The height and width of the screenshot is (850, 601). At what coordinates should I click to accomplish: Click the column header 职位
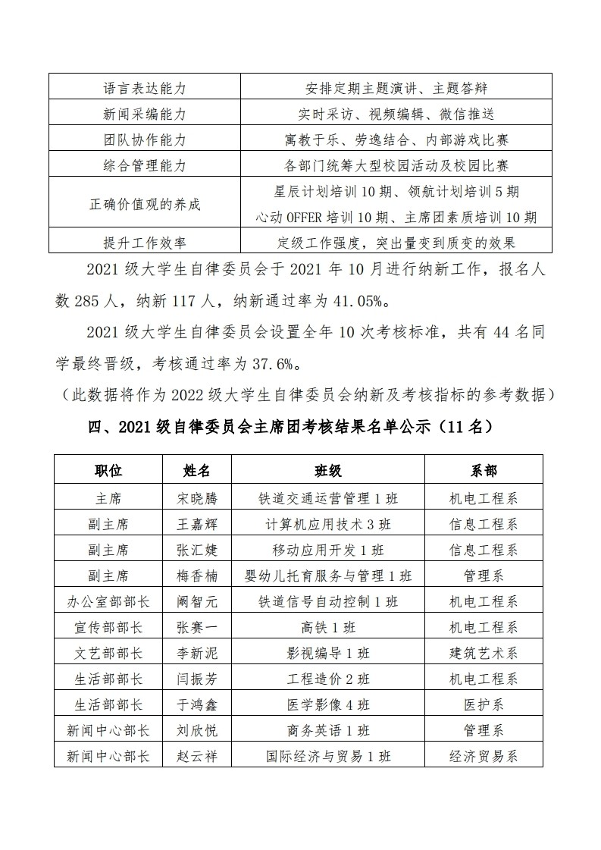pyautogui.click(x=108, y=470)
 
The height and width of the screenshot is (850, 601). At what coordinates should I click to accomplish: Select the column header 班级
pyautogui.click(x=328, y=470)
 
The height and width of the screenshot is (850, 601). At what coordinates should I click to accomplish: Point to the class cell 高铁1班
pyautogui.click(x=328, y=627)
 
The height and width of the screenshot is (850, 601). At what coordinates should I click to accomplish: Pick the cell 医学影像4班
pyautogui.click(x=328, y=704)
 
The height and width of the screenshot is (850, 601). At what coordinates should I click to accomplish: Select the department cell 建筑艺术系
pyautogui.click(x=484, y=653)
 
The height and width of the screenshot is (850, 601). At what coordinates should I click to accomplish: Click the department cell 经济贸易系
pyautogui.click(x=484, y=756)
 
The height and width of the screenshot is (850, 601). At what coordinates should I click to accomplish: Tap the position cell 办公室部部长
pyautogui.click(x=108, y=601)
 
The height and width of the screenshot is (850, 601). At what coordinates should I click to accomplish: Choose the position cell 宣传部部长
pyautogui.click(x=108, y=627)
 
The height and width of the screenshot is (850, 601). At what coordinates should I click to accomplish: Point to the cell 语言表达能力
pyautogui.click(x=144, y=88)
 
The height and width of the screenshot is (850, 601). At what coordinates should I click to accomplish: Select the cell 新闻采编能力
pyautogui.click(x=144, y=114)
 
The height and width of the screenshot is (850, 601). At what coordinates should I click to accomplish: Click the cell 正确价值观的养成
pyautogui.click(x=144, y=204)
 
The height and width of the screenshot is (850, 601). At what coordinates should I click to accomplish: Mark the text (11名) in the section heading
pyautogui.click(x=468, y=427)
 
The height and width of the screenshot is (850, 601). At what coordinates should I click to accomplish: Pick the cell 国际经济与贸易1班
pyautogui.click(x=328, y=756)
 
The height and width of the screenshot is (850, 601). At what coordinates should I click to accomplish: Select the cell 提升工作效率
pyautogui.click(x=144, y=243)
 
